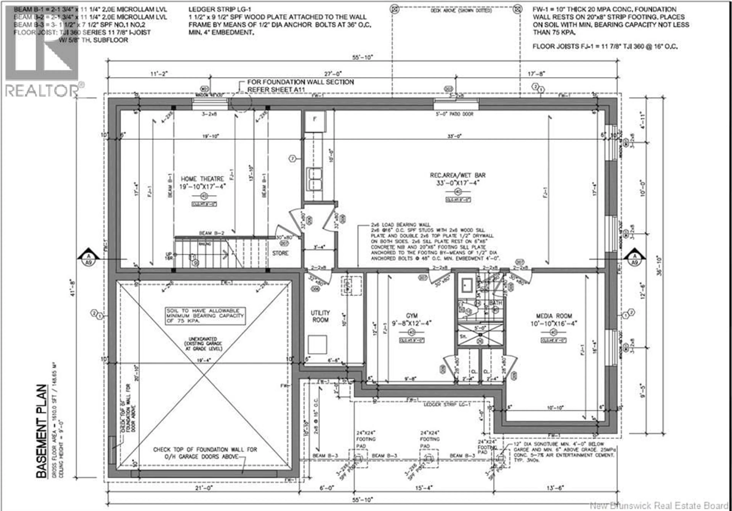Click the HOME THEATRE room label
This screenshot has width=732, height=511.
pyautogui.click(x=202, y=179)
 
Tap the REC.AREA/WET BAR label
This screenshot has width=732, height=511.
pyautogui.click(x=457, y=175)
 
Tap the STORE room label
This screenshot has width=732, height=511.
pyautogui.click(x=280, y=253)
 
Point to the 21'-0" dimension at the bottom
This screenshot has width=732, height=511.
pyautogui.click(x=204, y=488)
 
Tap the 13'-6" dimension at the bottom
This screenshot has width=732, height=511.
pyautogui.click(x=555, y=488)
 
